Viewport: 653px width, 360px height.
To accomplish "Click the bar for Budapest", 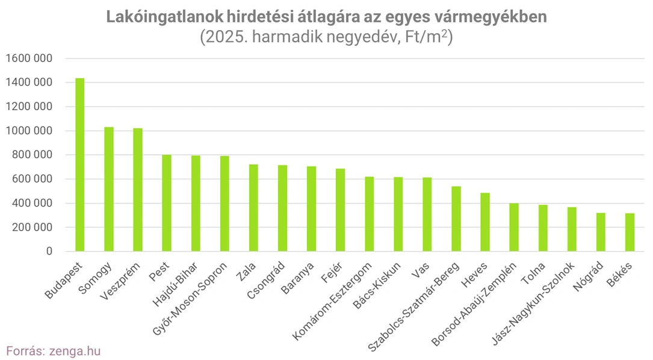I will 79,165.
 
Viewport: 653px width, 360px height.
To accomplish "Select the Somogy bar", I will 108,189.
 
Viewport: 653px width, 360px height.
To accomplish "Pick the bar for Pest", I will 167,203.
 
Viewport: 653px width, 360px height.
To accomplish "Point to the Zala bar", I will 253,208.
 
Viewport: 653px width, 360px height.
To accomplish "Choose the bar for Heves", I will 485,222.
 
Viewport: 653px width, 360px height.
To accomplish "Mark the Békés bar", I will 630,232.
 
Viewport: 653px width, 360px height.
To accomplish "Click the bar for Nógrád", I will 601,232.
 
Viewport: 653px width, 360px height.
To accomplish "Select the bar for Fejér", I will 341,210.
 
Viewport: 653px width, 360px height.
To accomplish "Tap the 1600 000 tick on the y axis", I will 29,58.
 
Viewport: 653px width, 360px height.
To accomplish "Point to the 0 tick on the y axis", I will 49,252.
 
